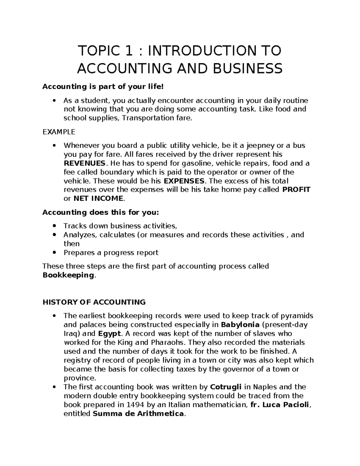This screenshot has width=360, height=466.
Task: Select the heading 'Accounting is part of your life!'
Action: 103,87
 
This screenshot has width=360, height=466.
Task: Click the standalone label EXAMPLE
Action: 59,132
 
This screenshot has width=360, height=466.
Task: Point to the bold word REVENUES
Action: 85,163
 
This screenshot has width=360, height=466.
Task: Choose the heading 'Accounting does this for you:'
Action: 101,212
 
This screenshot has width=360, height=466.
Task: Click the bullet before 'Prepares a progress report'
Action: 54,253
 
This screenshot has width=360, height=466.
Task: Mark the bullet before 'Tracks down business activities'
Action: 54,226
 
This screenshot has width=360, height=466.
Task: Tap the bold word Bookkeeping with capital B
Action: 68,275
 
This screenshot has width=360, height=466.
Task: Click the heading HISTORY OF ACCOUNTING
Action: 94,302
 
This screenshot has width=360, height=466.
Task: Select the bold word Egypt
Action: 109,333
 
